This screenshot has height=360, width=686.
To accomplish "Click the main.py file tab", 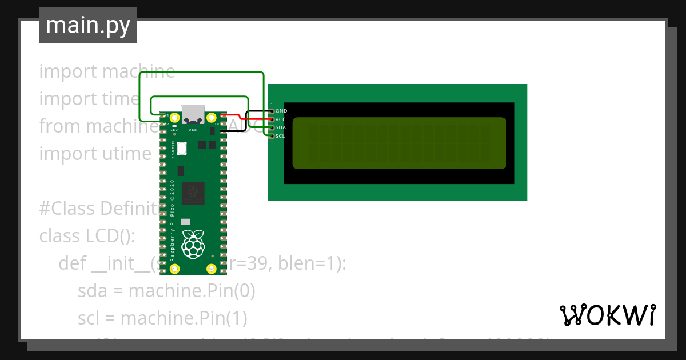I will tap(87, 25).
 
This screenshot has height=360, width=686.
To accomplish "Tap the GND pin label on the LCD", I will tap(281, 111).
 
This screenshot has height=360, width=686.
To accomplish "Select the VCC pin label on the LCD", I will tap(281, 119).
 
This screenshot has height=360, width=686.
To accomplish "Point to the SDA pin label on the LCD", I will tap(281, 127).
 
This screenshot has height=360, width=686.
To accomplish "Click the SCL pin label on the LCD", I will tap(281, 136).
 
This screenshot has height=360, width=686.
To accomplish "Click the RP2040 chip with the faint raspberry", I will tap(193, 193).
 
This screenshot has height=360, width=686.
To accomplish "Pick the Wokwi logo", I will tap(607, 315).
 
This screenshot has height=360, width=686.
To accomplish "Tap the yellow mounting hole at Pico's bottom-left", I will tap(176, 269).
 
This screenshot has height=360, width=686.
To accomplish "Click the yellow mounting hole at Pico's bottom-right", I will tap(210, 269).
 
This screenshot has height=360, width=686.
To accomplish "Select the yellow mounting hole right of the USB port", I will tap(210, 118).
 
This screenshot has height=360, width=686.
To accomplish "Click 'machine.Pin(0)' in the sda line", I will tap(192, 291).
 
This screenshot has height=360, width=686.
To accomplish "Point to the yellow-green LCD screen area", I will tap(399, 143).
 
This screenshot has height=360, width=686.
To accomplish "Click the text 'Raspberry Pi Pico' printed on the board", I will tap(173, 229).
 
